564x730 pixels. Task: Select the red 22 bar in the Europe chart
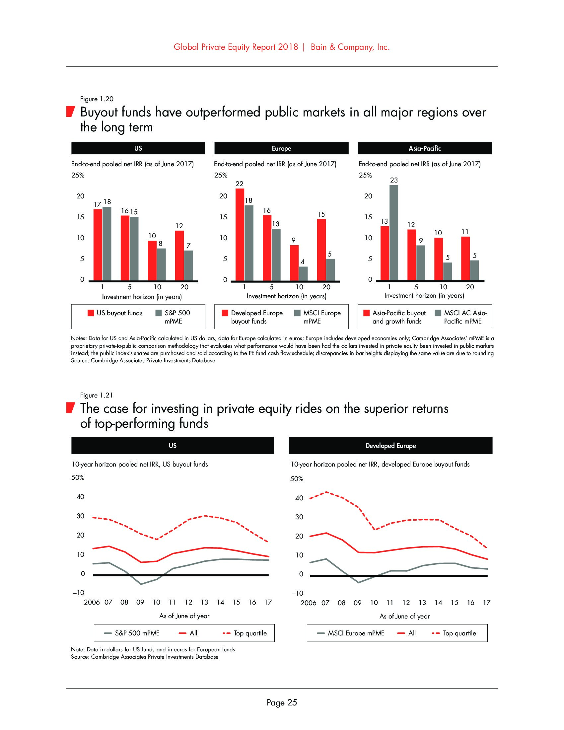click(x=240, y=234)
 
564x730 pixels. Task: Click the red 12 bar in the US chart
click(x=179, y=256)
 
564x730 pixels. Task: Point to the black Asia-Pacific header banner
click(x=424, y=148)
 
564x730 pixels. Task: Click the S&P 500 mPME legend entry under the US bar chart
click(x=173, y=317)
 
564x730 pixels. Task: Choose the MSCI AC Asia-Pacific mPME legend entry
click(x=461, y=317)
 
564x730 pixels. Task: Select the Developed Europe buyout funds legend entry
click(x=252, y=317)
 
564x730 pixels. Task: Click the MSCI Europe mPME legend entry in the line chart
click(x=351, y=633)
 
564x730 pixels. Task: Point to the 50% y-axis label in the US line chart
click(x=78, y=477)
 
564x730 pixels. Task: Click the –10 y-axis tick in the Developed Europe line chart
click(x=297, y=593)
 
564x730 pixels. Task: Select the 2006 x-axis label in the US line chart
click(x=92, y=602)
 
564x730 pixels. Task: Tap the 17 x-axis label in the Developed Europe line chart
click(x=486, y=603)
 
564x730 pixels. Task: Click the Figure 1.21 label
click(x=97, y=396)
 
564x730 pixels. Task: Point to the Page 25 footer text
click(x=282, y=702)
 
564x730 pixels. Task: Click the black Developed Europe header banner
click(x=390, y=446)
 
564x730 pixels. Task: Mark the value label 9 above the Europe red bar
click(x=293, y=240)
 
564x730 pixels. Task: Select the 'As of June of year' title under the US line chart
click(x=184, y=616)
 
